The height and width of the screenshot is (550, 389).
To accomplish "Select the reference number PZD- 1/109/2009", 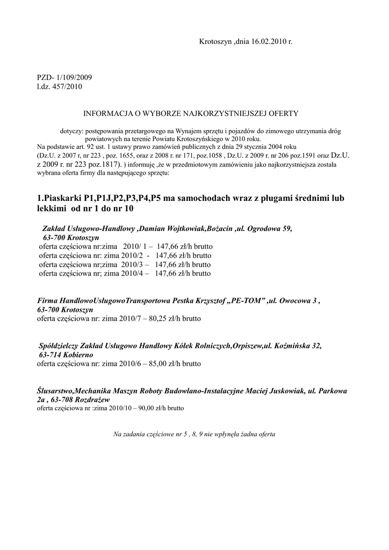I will pyautogui.click(x=64, y=77).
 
